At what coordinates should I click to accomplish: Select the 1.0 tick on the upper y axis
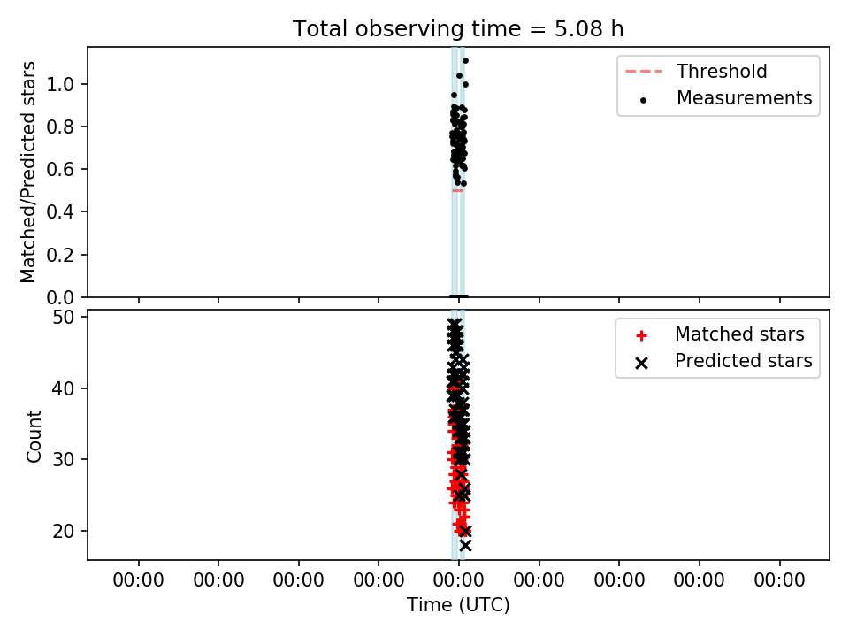click(x=64, y=84)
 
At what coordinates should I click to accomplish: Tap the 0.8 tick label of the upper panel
click(x=64, y=127)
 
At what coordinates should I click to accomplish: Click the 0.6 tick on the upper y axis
click(x=64, y=169)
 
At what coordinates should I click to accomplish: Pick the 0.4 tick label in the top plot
click(x=64, y=211)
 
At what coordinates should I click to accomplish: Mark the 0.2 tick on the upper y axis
click(x=64, y=255)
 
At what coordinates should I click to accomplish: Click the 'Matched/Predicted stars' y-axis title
click(x=27, y=173)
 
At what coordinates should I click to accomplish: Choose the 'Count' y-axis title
click(x=34, y=436)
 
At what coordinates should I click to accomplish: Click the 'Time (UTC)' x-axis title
click(x=459, y=605)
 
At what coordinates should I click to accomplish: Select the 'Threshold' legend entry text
click(x=722, y=71)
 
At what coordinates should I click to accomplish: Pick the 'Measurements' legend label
click(x=745, y=98)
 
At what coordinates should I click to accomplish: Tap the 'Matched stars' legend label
click(x=739, y=334)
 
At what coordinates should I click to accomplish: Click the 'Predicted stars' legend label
click(x=744, y=361)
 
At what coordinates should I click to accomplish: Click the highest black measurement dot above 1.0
click(x=466, y=61)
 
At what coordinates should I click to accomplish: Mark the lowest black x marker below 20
click(x=465, y=546)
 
